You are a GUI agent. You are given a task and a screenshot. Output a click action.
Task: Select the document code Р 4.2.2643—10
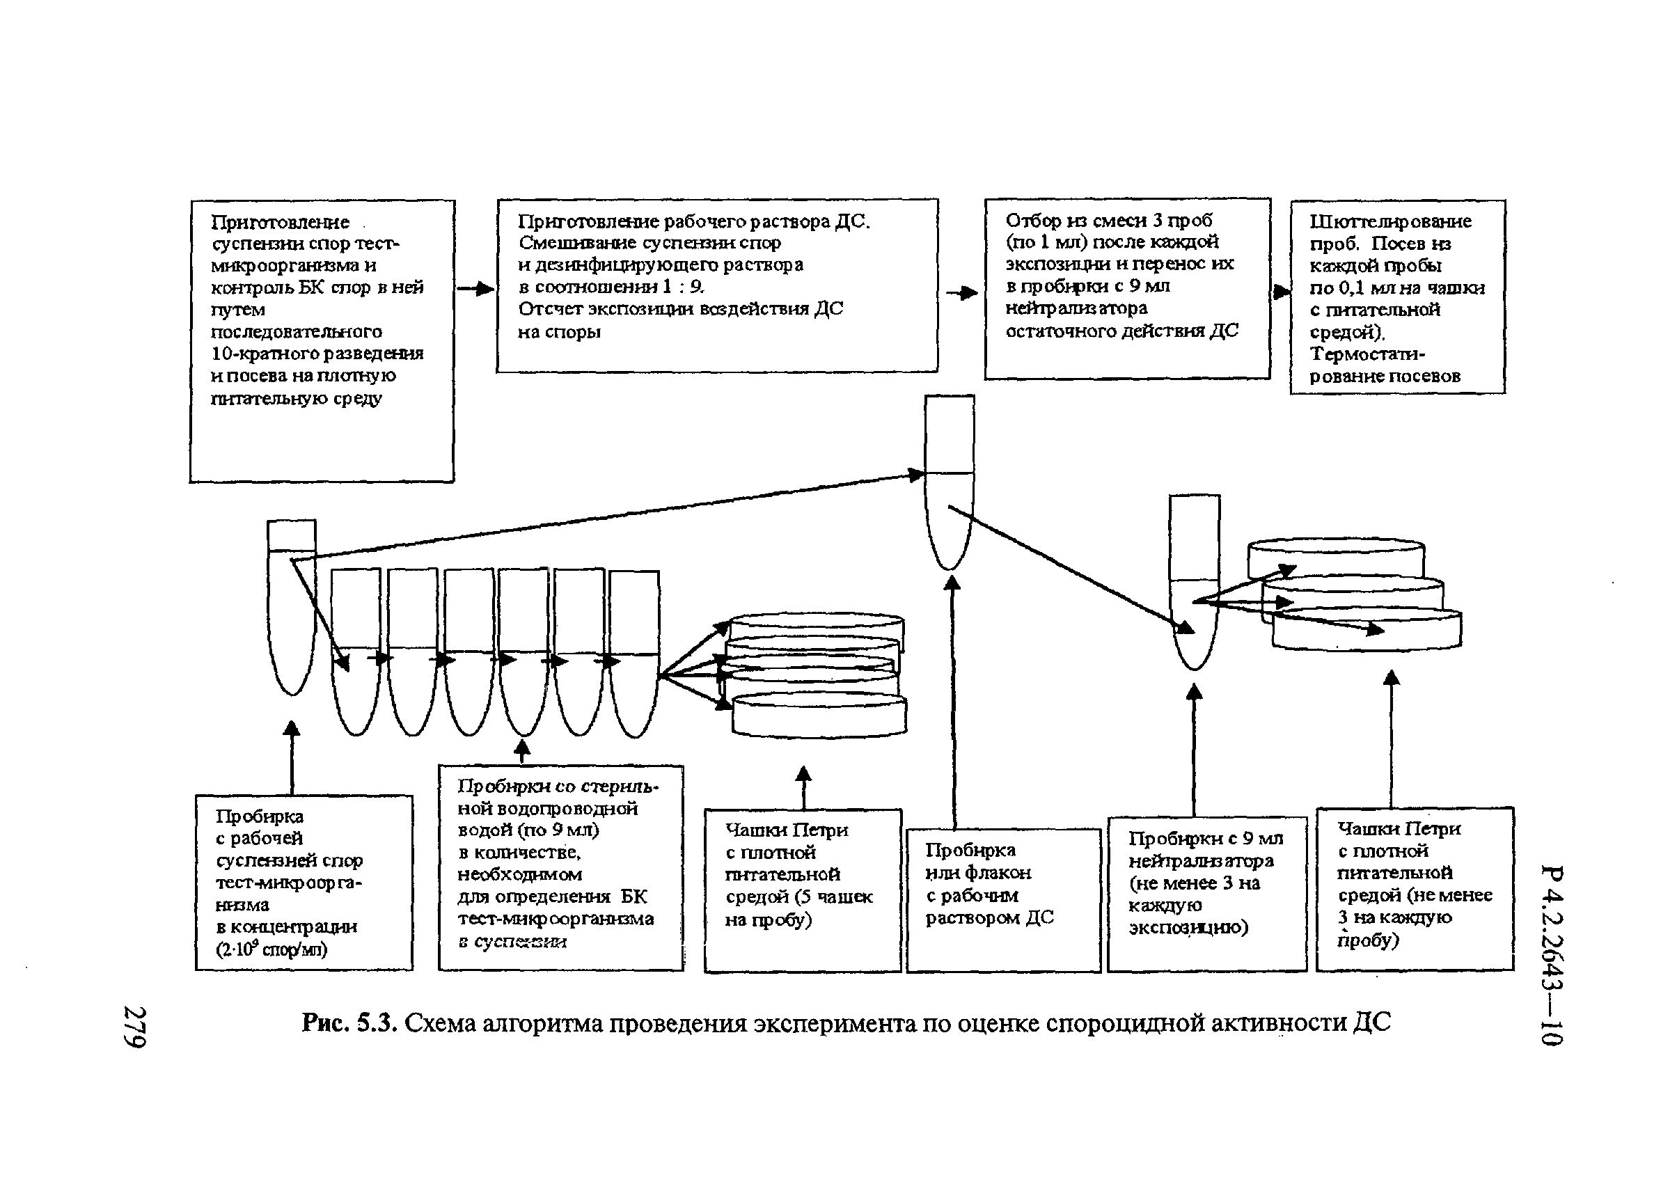(1552, 955)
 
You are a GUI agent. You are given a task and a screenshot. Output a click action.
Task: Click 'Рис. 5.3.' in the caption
(349, 1023)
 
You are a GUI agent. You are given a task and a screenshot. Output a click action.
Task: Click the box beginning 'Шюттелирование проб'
(1397, 297)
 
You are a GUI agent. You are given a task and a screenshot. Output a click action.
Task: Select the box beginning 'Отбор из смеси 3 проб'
(1127, 288)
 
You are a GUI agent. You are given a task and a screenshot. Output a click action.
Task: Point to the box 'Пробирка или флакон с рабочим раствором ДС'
(1003, 899)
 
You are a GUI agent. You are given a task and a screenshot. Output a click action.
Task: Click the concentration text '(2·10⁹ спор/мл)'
(271, 949)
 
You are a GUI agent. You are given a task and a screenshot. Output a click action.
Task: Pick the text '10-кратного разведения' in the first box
(317, 354)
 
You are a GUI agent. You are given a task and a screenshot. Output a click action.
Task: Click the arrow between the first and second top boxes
(475, 290)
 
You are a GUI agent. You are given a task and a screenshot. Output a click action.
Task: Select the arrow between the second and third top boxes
(962, 293)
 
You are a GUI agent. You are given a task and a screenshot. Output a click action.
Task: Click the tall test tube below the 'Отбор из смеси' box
(950, 482)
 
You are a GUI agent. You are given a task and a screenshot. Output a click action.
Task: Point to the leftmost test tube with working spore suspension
(292, 607)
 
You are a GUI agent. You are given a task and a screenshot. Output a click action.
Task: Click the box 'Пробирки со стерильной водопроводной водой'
(560, 867)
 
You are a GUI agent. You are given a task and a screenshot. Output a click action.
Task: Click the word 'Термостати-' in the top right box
(1367, 354)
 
